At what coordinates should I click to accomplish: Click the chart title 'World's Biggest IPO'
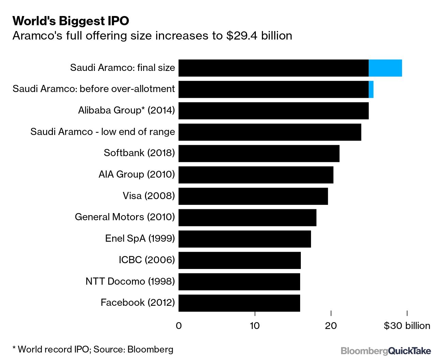tap(71, 21)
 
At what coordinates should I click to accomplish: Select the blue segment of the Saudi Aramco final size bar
tap(385, 68)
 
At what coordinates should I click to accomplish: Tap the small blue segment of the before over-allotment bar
tap(371, 89)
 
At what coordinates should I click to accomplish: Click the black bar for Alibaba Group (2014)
tap(273, 111)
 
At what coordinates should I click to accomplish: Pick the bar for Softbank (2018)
tap(259, 153)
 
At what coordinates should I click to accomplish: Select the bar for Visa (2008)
tap(253, 196)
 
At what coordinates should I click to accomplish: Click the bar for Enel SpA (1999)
tap(245, 239)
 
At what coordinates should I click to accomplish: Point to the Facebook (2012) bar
tap(239, 303)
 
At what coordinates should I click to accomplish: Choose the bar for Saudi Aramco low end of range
tap(269, 132)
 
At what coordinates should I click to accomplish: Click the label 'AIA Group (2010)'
tap(136, 175)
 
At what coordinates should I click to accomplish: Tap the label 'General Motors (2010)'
tap(125, 217)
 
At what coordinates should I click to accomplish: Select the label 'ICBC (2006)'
tap(147, 260)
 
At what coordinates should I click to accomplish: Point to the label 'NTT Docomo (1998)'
tap(130, 282)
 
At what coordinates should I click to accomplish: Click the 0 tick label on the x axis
tap(179, 326)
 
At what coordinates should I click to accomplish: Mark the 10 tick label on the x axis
tap(255, 326)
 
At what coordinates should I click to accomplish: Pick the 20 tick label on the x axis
tap(331, 326)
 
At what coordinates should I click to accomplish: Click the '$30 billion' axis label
tap(407, 326)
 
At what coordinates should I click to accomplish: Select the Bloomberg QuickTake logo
tap(386, 351)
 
